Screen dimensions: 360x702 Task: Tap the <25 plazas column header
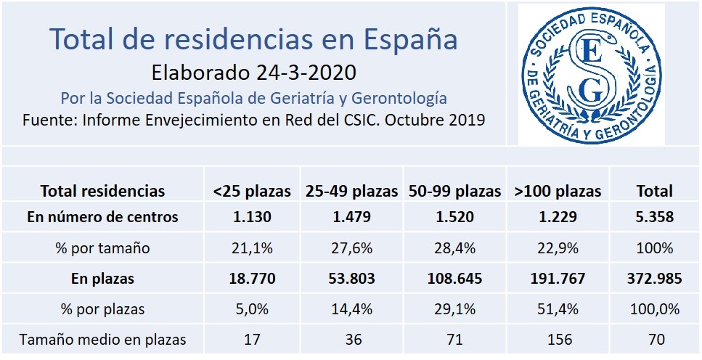coord(252,192)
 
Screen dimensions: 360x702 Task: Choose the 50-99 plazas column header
coord(454,192)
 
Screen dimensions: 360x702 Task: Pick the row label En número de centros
coord(102,216)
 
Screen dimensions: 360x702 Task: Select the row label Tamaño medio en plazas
coord(102,339)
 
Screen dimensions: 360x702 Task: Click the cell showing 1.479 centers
coord(352,216)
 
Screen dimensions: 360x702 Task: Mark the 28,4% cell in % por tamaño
coord(454,248)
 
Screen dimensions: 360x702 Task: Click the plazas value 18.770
coord(252,278)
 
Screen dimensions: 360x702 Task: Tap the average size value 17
coord(252,339)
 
